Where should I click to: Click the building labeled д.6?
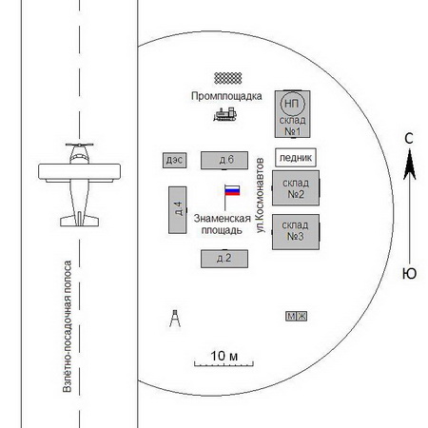click(224, 161)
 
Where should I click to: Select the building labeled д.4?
click(178, 210)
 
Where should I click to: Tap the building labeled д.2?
click(224, 259)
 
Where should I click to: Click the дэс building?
click(174, 161)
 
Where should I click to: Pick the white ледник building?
click(296, 157)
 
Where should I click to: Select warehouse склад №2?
click(296, 188)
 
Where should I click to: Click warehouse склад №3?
click(296, 232)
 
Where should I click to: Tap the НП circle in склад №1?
click(292, 104)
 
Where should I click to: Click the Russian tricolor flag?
click(232, 190)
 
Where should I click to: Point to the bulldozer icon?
click(225, 114)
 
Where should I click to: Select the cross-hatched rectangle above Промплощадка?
click(228, 78)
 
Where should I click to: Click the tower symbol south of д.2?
click(175, 318)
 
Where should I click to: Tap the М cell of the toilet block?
click(291, 317)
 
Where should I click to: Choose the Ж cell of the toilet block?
click(302, 317)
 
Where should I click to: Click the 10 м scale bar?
click(224, 364)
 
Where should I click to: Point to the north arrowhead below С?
click(409, 165)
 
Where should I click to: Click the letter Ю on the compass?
click(409, 274)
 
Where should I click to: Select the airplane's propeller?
click(79, 145)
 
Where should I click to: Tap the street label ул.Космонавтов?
click(260, 195)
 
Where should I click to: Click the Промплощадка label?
click(226, 96)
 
